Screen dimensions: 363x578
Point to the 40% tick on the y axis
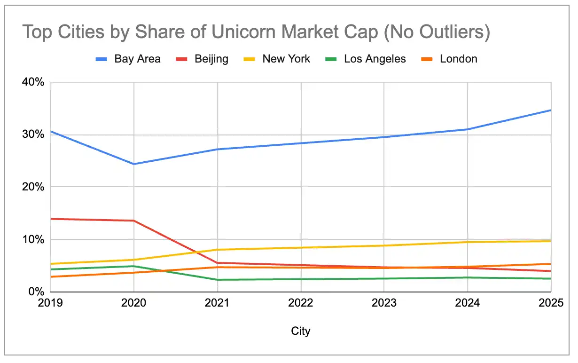(33, 82)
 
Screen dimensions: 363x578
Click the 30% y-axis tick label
(33, 134)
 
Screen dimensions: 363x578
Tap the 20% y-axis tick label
(33, 187)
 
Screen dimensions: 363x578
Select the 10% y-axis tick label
(33, 239)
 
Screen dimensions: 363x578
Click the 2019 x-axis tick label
(50, 303)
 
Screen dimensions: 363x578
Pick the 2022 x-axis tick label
(301, 303)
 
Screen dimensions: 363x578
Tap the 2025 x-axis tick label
(551, 303)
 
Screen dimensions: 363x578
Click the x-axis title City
(301, 331)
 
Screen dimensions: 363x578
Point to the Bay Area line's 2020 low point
(134, 164)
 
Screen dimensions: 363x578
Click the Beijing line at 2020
(134, 221)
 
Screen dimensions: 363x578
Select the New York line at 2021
(218, 250)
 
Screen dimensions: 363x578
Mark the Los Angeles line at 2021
(218, 280)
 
